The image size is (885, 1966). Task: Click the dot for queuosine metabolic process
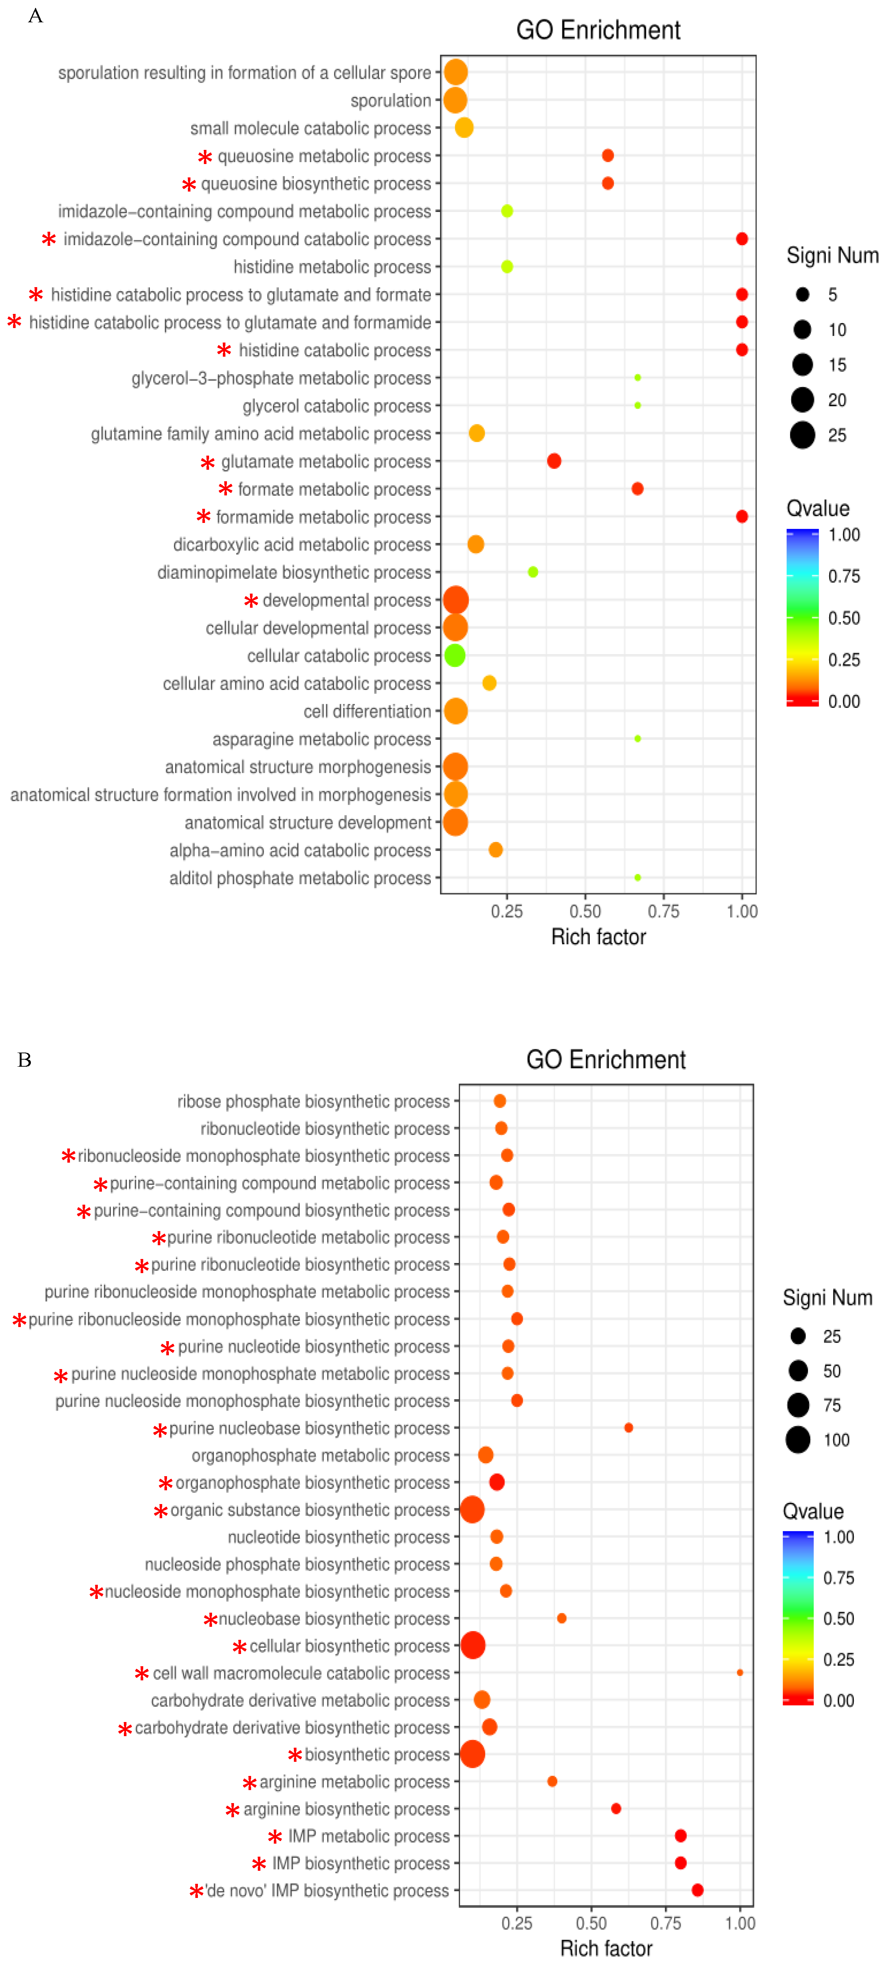[x=608, y=156]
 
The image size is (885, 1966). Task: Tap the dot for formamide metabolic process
[x=741, y=517]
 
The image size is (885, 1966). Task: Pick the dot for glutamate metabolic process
[x=554, y=461]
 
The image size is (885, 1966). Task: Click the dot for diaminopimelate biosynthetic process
[x=533, y=572]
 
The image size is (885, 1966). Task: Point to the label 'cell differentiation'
[x=367, y=711]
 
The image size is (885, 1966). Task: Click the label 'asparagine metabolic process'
[x=321, y=739]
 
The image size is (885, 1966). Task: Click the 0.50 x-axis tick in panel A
[x=585, y=910]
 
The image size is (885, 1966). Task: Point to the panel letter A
[x=35, y=16]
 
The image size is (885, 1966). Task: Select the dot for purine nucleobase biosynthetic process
[x=628, y=1427]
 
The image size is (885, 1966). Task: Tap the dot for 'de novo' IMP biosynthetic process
[x=697, y=1890]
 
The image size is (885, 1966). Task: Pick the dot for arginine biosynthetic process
[x=616, y=1808]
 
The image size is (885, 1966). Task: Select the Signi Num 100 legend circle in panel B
[x=798, y=1439]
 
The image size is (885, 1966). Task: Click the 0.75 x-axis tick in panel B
[x=666, y=1922]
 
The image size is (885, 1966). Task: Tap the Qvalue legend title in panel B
[x=813, y=1511]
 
